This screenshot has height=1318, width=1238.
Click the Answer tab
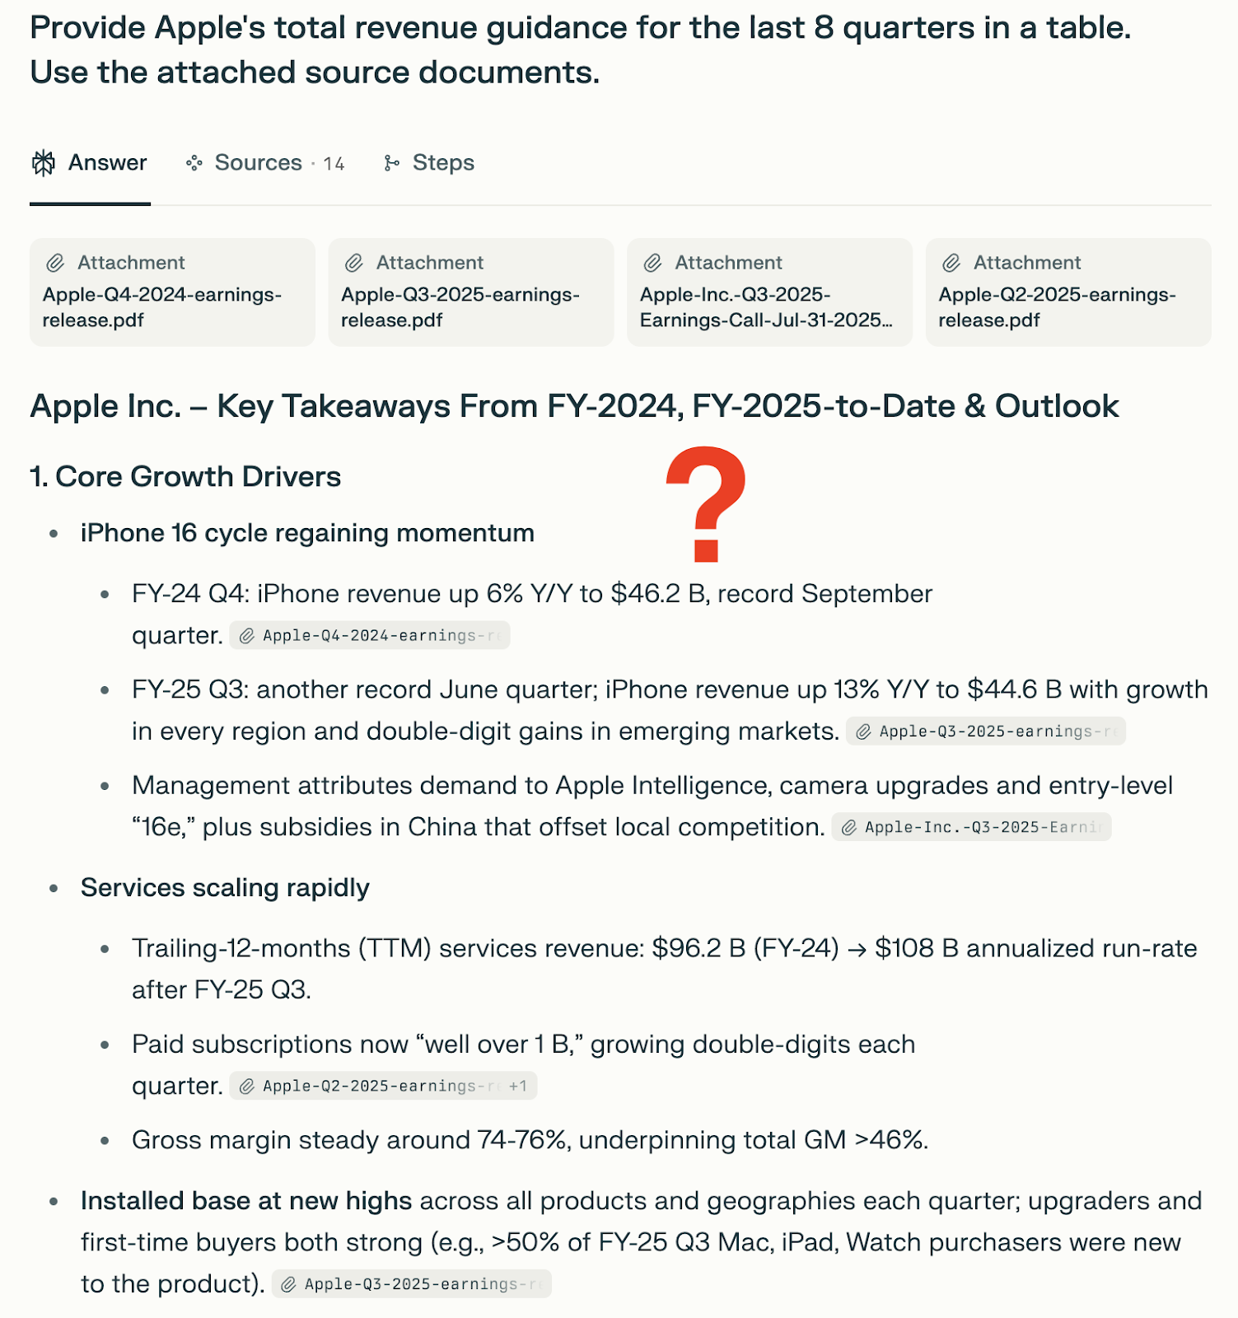point(90,163)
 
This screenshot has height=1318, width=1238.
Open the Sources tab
point(258,163)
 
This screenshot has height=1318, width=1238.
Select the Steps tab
point(429,163)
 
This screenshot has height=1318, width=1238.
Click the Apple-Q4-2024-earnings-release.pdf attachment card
point(172,292)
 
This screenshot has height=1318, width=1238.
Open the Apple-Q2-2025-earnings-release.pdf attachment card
point(1068,292)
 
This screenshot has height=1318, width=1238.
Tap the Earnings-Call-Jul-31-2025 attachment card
point(769,292)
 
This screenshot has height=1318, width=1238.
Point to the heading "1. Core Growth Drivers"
point(185,477)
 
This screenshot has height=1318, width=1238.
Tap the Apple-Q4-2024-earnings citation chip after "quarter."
point(370,636)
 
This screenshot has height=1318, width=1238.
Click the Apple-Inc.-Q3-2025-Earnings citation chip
point(971,827)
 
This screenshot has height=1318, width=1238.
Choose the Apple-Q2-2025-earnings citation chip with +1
point(383,1086)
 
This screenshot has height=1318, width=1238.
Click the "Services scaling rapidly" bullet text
point(225,888)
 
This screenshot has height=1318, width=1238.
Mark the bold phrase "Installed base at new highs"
point(245,1201)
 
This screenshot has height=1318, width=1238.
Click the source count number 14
point(334,164)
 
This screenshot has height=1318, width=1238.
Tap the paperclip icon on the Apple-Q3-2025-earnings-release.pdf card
point(354,263)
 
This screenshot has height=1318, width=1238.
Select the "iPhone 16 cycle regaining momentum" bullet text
point(307,533)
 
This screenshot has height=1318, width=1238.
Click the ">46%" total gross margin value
point(890,1140)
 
